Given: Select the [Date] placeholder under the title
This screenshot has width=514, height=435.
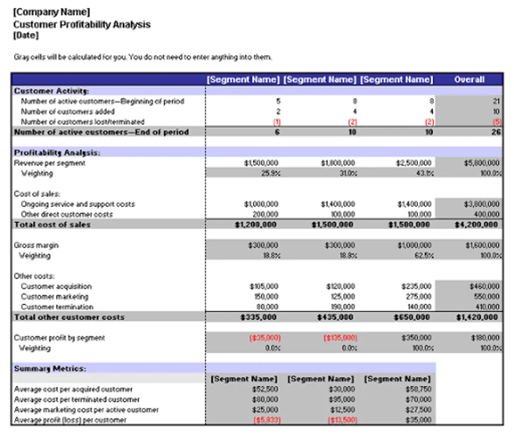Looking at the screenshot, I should [x=26, y=35].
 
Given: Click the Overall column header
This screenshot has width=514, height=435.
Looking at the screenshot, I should [x=469, y=79].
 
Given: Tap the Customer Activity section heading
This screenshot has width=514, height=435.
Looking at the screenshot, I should [x=51, y=91].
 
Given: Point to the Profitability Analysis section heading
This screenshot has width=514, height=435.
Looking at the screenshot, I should [x=57, y=153].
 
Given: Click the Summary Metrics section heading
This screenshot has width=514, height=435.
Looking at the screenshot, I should [x=50, y=368].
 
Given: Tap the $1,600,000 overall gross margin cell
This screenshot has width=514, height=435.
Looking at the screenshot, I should [x=482, y=246].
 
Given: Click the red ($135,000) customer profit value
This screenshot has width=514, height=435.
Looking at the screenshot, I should [x=340, y=338].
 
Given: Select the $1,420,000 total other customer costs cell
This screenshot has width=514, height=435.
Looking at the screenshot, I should [x=476, y=318].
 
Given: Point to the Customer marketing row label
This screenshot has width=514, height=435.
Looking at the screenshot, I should [x=55, y=297].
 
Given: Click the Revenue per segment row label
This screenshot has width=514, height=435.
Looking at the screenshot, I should [x=49, y=163].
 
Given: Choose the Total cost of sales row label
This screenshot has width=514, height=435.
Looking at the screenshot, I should [x=52, y=225].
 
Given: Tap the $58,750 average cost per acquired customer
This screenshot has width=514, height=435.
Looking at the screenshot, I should [x=420, y=390].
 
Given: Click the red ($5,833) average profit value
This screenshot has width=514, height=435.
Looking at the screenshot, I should [x=267, y=420].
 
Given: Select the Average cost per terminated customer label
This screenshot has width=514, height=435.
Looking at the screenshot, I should [x=77, y=400].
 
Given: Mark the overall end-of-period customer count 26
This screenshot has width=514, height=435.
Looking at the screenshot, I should [x=496, y=132].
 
